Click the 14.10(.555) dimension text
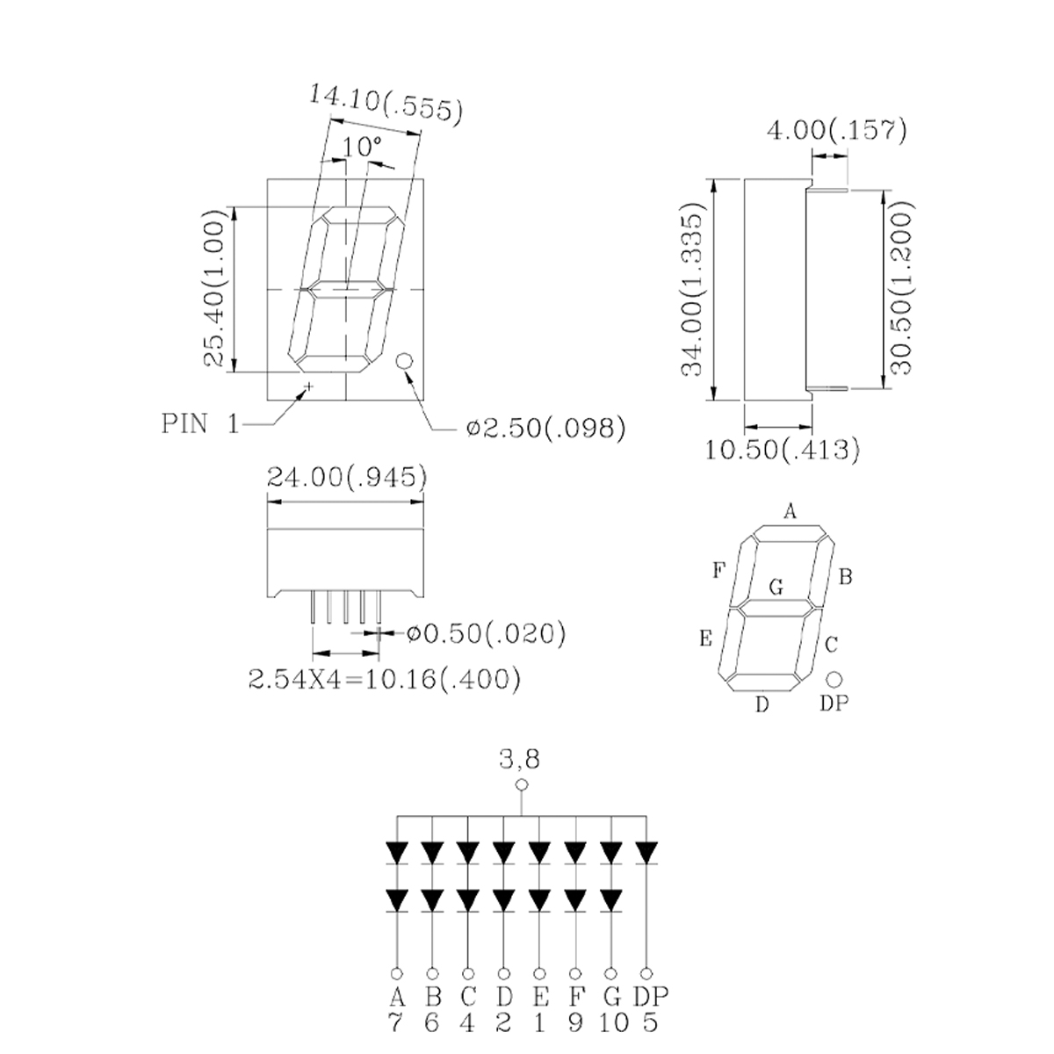coord(386,103)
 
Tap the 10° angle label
coord(362,146)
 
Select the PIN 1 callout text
coord(201,424)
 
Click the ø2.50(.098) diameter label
coord(545,428)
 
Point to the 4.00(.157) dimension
coord(837,131)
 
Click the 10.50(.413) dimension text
coord(783,450)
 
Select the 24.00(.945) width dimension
coord(347,478)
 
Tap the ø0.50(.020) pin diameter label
coord(487,633)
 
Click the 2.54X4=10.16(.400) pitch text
coord(385,679)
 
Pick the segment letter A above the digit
coord(790,511)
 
